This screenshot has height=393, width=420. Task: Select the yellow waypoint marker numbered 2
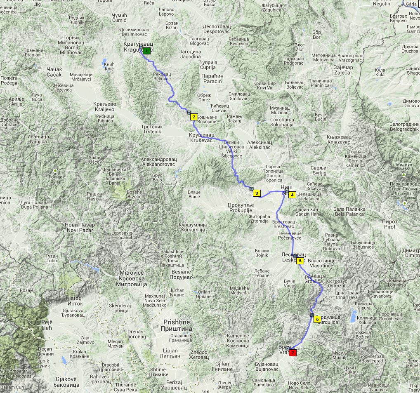(194, 117)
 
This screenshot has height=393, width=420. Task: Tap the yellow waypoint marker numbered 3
(256, 193)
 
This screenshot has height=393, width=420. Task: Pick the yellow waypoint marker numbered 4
(292, 195)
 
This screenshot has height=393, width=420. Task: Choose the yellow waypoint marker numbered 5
(300, 261)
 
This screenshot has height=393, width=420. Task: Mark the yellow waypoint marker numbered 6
(317, 319)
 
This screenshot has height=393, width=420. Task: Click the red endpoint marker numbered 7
(293, 353)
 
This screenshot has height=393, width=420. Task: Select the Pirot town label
(390, 224)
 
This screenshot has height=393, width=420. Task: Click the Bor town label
(317, 34)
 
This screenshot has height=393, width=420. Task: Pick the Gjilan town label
(223, 367)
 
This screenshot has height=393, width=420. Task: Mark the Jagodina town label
(190, 54)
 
